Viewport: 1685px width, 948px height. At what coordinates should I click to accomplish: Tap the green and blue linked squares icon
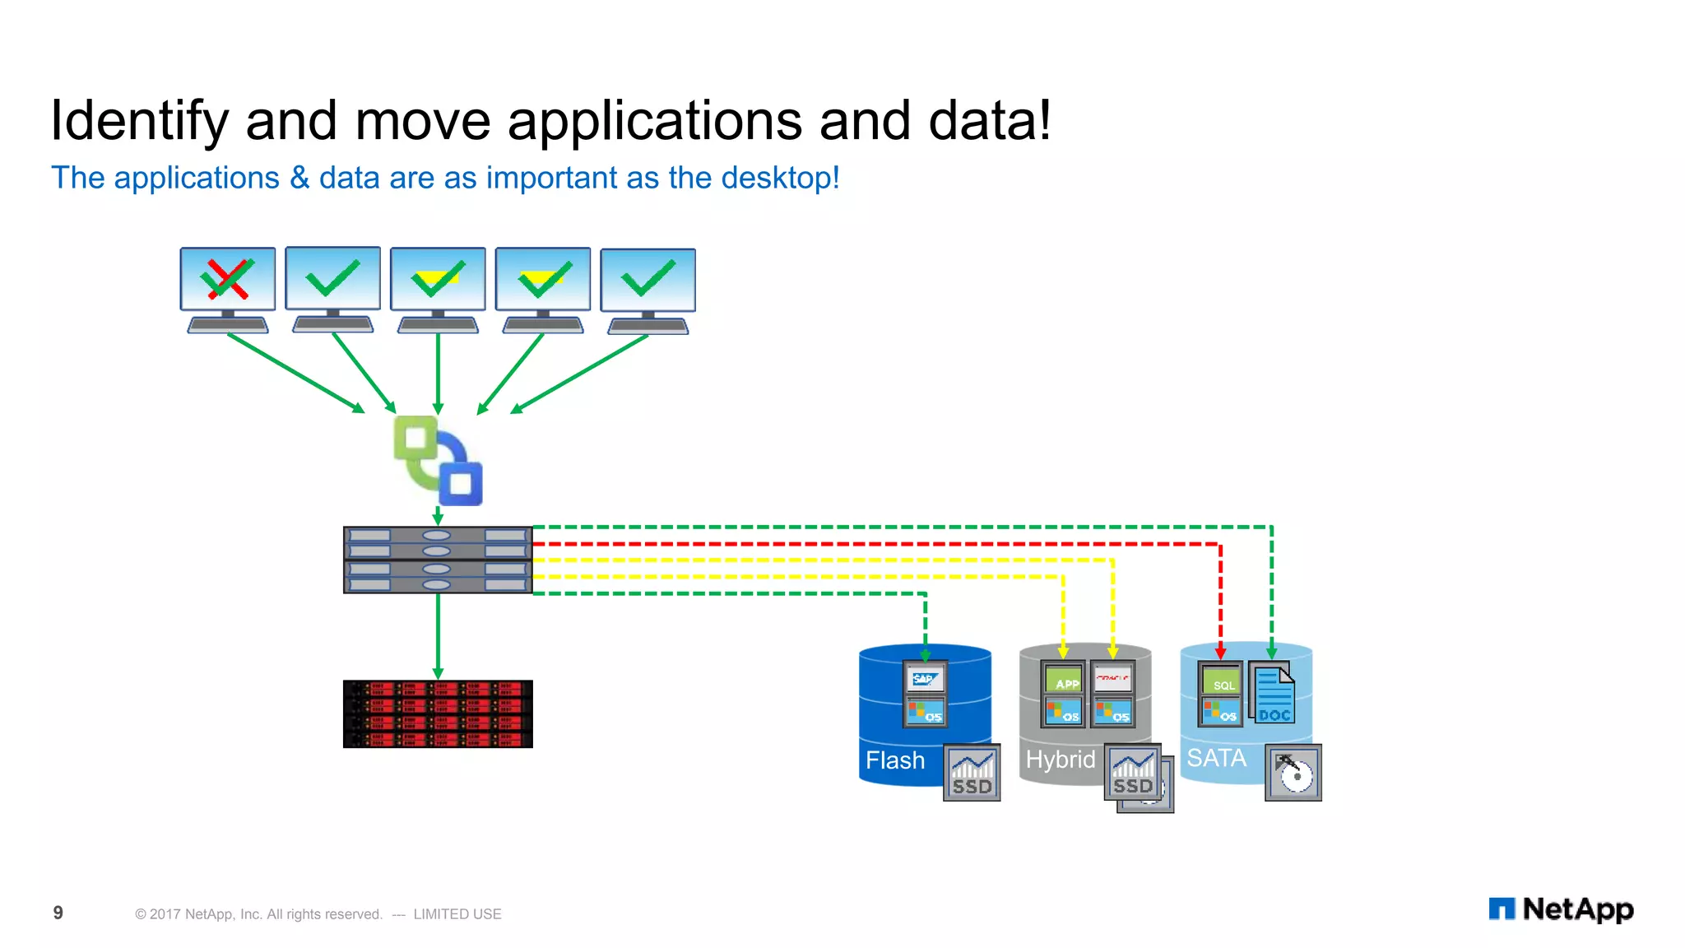tap(438, 461)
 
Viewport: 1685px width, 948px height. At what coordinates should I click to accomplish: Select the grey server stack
tap(438, 560)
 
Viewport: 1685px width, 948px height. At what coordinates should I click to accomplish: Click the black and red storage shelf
tap(438, 713)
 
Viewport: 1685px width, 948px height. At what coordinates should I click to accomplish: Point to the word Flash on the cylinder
tap(895, 760)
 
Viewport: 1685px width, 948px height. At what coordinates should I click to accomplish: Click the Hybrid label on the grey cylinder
tap(1061, 760)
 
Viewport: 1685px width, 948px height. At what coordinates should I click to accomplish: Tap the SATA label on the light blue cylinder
tap(1216, 758)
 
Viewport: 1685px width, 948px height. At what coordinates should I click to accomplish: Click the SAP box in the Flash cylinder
tap(925, 680)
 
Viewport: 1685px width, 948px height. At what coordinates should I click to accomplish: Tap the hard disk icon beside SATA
tap(1293, 773)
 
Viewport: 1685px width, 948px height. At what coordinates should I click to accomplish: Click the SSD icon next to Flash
tap(972, 773)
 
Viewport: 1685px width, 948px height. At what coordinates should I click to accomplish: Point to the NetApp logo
tap(1561, 909)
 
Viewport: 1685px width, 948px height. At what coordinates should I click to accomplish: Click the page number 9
tap(58, 913)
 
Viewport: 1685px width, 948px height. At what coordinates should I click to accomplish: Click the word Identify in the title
tap(138, 122)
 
